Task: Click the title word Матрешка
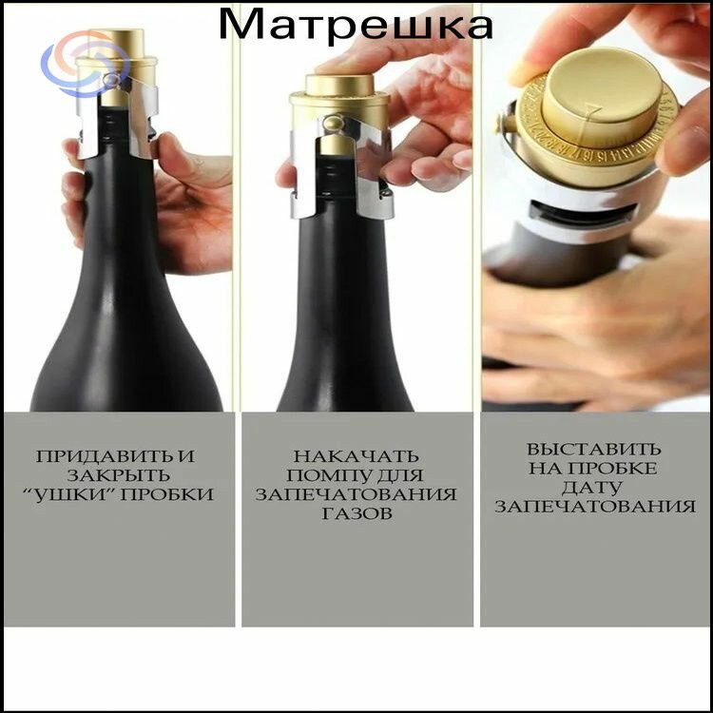click(x=356, y=24)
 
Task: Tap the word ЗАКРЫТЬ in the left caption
click(x=119, y=475)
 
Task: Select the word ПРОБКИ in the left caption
click(x=167, y=494)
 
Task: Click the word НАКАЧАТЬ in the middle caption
click(x=356, y=456)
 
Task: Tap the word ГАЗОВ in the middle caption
click(x=356, y=513)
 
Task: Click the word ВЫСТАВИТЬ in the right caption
click(x=594, y=450)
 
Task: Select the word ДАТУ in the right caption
click(x=591, y=488)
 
